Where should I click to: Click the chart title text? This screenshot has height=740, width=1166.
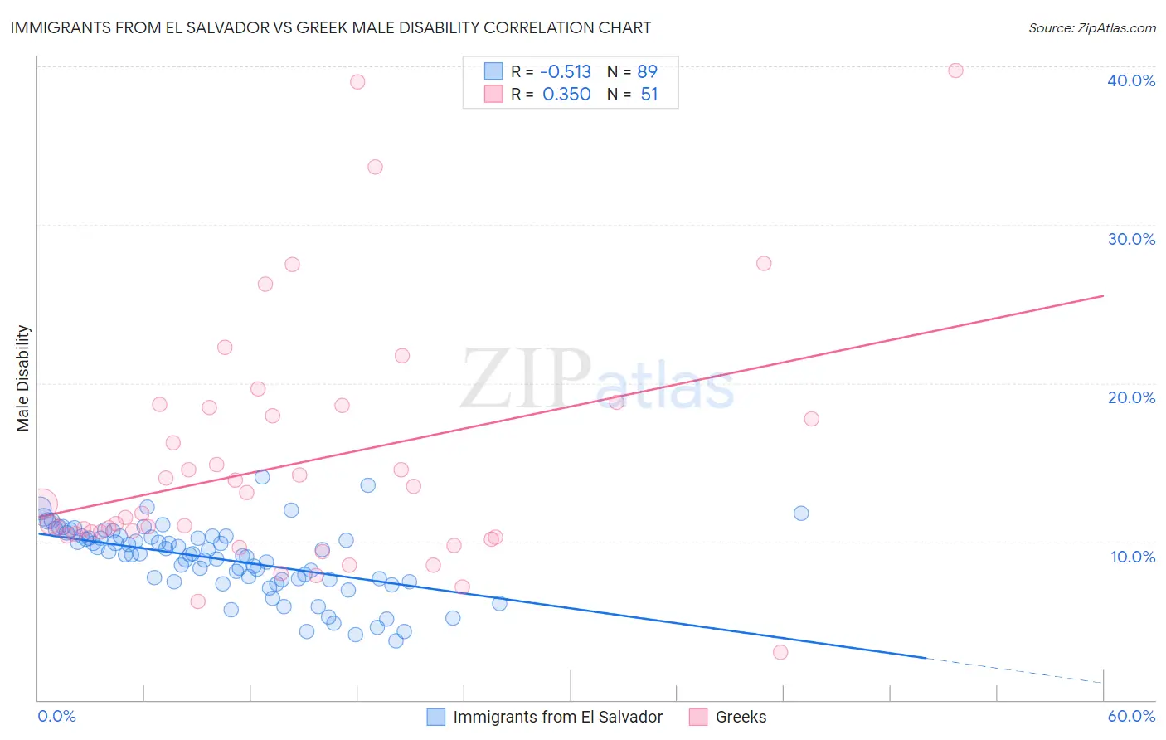330,27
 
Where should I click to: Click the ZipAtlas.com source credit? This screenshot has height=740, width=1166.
1091,27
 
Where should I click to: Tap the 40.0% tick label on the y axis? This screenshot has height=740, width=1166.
1131,80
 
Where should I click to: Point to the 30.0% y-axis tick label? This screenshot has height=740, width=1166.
1131,239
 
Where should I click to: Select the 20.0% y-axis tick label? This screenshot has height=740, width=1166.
1131,397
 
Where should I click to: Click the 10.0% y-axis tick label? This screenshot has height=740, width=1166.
1133,556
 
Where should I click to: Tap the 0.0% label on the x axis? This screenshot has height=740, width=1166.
56,716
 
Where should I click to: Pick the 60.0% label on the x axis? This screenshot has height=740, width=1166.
1131,716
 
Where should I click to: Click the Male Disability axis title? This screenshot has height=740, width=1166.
23,377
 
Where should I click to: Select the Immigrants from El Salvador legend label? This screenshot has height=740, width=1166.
557,717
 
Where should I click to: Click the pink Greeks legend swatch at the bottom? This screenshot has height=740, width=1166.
698,717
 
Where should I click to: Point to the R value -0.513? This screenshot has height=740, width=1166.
566,71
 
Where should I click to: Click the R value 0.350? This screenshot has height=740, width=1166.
566,94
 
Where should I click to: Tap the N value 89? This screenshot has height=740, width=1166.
648,71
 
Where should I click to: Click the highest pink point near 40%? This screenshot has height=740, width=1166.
955,71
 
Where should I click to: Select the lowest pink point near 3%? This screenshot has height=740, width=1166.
780,652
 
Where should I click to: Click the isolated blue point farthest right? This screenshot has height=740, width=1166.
801,513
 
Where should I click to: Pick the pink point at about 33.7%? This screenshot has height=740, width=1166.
375,167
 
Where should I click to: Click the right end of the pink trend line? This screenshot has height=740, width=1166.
1103,295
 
